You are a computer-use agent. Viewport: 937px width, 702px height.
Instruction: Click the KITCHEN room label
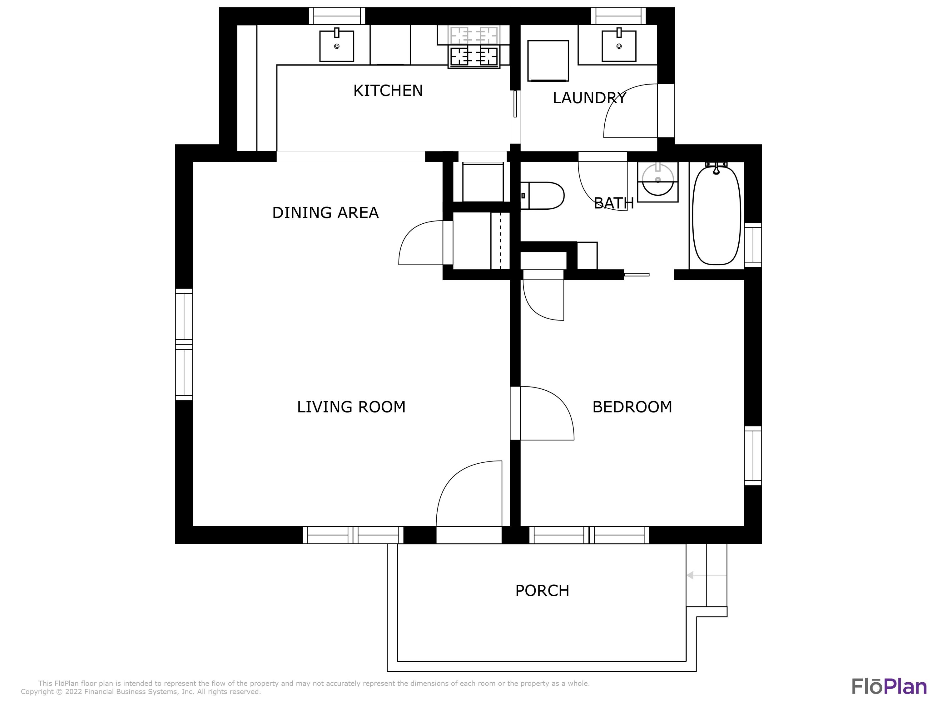[388, 90]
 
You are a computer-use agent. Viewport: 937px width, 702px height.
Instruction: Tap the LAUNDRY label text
[589, 98]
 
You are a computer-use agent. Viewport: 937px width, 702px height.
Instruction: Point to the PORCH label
[542, 590]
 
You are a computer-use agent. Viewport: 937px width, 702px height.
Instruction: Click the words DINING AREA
[325, 212]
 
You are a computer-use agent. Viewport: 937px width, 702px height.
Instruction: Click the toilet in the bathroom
[542, 196]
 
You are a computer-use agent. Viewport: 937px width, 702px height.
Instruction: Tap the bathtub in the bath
[716, 215]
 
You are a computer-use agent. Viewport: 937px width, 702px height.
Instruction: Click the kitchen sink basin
[337, 46]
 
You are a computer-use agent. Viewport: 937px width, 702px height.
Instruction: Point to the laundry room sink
[619, 46]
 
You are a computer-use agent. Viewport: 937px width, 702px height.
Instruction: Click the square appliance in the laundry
[548, 61]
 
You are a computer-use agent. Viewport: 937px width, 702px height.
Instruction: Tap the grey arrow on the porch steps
[706, 575]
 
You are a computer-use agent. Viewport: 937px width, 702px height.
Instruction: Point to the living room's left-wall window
[184, 344]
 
